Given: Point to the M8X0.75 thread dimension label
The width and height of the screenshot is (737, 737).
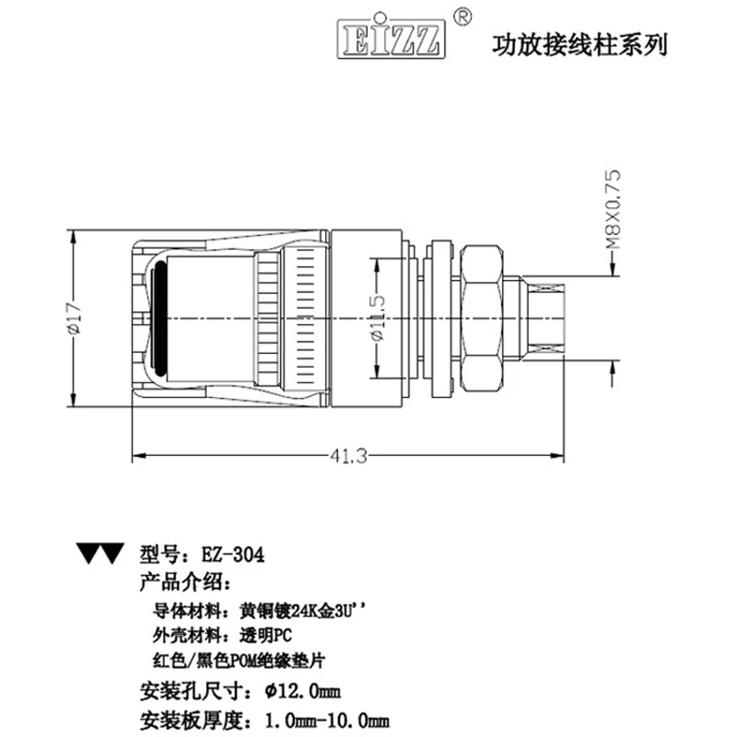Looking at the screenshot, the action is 613,212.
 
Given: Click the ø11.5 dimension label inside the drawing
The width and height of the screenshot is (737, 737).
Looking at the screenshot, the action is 379,318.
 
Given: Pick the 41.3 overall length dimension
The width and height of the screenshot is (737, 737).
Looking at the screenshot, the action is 348,454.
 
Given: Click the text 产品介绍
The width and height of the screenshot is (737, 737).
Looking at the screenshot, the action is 179,582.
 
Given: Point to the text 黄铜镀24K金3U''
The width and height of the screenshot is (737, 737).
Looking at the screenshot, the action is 308,610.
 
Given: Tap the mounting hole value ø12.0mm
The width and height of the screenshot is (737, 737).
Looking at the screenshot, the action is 302,690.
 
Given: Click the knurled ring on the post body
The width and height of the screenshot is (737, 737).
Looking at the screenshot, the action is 269,318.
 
